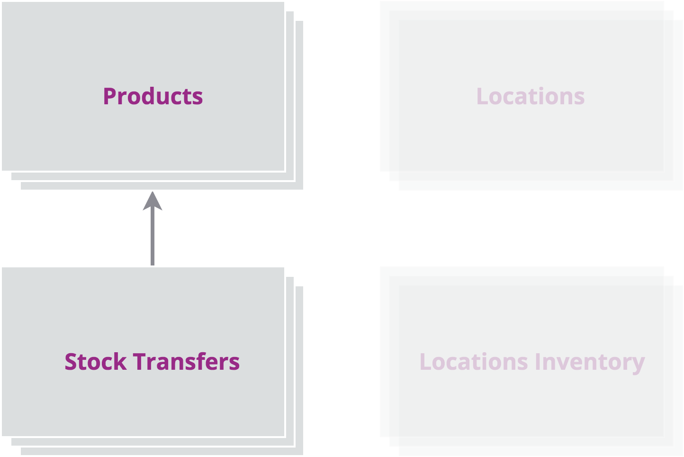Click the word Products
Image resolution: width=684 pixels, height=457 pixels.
[153, 96]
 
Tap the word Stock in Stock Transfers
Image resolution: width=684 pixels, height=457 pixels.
[96, 362]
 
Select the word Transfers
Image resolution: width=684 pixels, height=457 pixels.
[186, 361]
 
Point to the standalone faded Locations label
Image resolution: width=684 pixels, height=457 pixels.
[531, 96]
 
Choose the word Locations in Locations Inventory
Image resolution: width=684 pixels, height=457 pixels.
[474, 362]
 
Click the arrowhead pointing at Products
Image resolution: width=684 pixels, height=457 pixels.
[153, 201]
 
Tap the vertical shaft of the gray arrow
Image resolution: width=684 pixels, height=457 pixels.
[153, 238]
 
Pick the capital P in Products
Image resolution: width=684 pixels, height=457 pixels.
[110, 96]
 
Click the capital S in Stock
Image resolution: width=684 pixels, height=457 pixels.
[71, 362]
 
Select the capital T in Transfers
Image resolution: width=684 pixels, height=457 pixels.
[141, 362]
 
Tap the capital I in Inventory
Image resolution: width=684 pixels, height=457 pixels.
[538, 362]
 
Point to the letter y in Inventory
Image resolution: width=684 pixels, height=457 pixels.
[638, 366]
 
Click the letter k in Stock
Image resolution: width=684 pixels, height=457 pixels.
[120, 361]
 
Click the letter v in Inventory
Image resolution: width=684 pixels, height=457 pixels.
[562, 364]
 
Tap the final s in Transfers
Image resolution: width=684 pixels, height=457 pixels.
[234, 364]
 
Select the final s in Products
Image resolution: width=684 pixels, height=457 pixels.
[198, 99]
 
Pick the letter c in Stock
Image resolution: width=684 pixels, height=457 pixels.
[108, 364]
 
